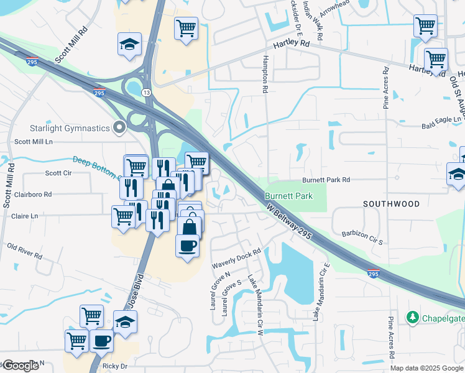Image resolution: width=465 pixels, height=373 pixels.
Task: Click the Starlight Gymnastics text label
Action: click(70, 129)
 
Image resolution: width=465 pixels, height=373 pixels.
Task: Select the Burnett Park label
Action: click(288, 195)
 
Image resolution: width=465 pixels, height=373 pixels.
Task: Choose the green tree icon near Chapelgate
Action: click(412, 318)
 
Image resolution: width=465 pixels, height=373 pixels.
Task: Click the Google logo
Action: click(21, 366)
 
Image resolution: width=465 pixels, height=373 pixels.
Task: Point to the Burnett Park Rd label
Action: click(326, 180)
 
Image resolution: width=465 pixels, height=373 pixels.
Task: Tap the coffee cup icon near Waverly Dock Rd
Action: click(188, 246)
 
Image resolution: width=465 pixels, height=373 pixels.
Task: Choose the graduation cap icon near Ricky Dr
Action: click(126, 322)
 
